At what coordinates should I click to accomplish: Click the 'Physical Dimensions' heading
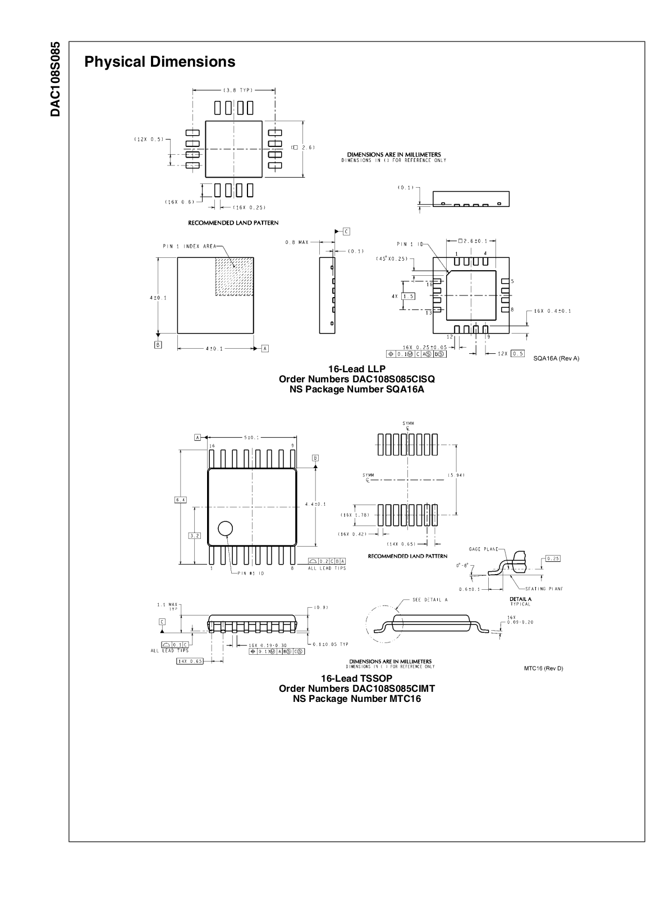coord(160,62)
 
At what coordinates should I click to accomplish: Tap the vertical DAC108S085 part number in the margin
coord(55,78)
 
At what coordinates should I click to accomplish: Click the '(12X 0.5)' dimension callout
coord(149,140)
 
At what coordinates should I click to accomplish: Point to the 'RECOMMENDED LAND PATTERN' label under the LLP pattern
coord(233,223)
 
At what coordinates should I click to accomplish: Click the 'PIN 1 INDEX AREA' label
coord(189,246)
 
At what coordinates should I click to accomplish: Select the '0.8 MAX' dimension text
coord(297,242)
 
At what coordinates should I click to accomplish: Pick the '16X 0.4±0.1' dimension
coord(552,311)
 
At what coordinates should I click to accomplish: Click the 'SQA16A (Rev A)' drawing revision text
coord(556,359)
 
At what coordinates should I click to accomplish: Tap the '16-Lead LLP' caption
coord(356,369)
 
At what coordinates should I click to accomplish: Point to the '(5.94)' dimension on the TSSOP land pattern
coord(456,475)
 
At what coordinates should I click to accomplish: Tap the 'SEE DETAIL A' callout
coord(430,599)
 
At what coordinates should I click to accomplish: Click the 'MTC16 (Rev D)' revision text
coord(543,668)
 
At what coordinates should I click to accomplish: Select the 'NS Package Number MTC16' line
coord(356,699)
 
